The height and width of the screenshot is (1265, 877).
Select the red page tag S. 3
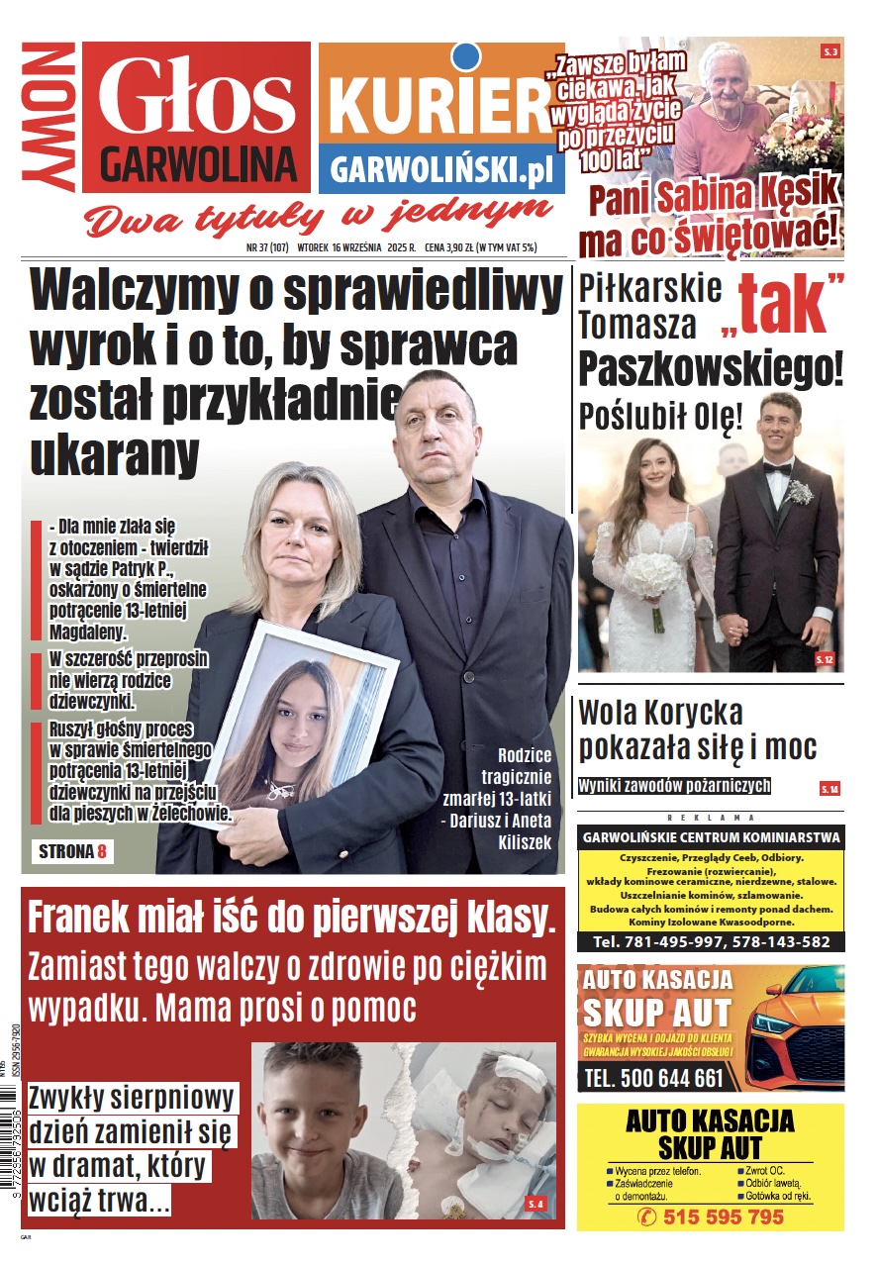pos(829,51)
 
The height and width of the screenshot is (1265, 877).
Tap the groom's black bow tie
pos(777,468)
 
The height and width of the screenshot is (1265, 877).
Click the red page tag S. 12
pos(825,659)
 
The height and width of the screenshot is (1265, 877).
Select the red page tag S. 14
pos(829,789)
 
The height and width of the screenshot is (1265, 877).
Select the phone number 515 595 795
pos(723,1216)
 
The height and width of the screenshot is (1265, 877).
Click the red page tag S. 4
pos(536,1204)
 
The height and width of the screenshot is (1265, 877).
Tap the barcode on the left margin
pos(9,1158)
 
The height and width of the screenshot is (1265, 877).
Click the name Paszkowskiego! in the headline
pos(711,369)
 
